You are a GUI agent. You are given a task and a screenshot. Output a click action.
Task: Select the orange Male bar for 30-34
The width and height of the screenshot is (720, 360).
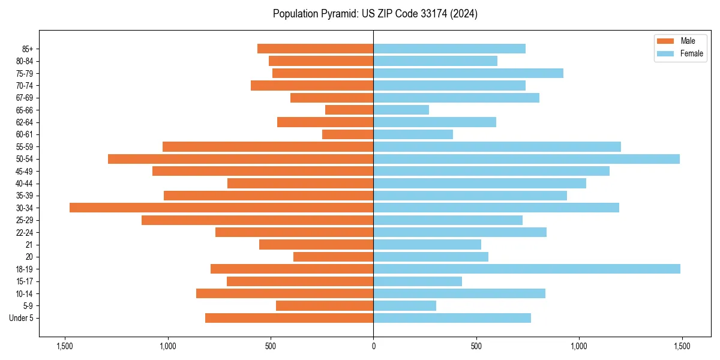point(221,208)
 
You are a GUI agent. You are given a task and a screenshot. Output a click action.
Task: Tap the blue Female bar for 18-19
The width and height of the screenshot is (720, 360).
point(527,269)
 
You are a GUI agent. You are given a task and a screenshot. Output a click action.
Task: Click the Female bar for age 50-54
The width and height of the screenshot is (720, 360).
point(526,159)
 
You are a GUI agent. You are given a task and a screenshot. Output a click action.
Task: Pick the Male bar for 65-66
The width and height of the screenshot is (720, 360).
point(349,110)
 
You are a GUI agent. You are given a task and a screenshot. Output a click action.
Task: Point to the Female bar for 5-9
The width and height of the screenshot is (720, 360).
point(404,305)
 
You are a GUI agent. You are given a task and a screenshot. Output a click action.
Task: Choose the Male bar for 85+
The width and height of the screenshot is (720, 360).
point(315,49)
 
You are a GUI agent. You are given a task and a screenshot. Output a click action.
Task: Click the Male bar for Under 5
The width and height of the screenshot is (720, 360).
point(289,318)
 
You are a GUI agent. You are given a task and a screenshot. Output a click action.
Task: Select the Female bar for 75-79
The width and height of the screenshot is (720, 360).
point(468,73)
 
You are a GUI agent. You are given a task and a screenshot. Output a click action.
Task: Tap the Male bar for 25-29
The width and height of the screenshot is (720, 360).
point(257,220)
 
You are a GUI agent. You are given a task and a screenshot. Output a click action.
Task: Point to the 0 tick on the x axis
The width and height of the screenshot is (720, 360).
point(373,347)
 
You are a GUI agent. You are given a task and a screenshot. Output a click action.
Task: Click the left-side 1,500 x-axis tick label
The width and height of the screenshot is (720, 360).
point(64,347)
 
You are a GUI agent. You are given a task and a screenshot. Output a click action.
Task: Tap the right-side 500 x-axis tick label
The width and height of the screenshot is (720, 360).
point(476,347)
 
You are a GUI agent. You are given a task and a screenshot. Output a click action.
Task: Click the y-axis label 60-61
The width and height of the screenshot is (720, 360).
point(25,134)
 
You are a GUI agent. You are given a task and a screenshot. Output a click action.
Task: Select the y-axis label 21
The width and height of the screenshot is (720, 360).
point(29,245)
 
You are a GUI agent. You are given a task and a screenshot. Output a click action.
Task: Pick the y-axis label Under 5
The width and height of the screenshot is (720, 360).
point(22,318)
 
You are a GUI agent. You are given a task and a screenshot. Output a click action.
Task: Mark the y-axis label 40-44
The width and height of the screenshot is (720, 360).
point(25,184)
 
